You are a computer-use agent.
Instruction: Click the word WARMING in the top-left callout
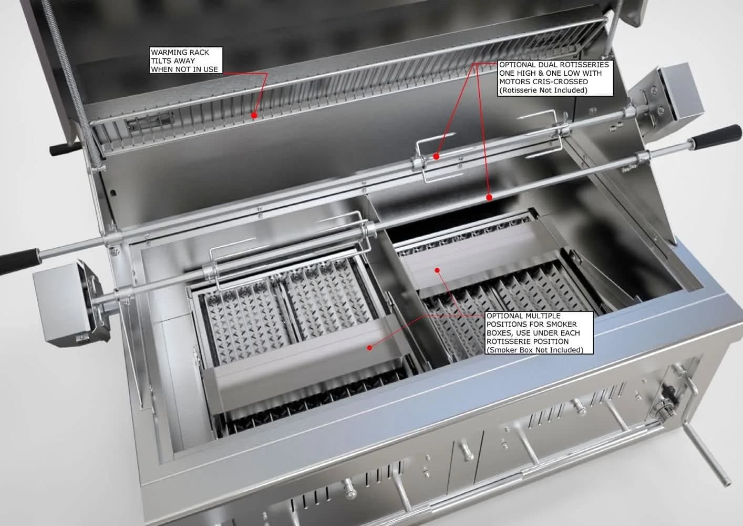pos(180,52)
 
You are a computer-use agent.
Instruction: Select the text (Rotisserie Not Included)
pos(543,90)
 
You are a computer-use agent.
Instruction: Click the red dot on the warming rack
pos(254,116)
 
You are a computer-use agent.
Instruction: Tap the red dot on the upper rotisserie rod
pos(437,156)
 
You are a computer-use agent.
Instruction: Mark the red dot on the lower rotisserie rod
pos(489,198)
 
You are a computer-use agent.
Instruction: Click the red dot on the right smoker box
pos(438,270)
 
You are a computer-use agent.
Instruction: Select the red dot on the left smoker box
pos(369,348)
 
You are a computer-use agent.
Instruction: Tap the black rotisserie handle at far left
pos(19,260)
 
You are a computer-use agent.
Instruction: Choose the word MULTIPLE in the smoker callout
pos(539,316)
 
